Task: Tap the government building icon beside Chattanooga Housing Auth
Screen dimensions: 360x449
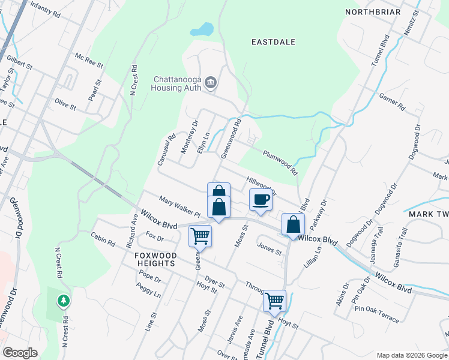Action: [x=210, y=82]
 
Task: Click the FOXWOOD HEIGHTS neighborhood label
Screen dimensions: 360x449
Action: [x=155, y=260]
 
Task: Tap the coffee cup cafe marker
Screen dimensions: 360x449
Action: [x=261, y=199]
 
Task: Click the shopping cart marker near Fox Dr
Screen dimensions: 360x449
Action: [x=199, y=235]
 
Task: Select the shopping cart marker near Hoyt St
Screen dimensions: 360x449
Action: [x=274, y=300]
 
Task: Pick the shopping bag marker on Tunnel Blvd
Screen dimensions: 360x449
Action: [x=293, y=224]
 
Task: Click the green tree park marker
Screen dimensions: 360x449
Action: [x=63, y=300]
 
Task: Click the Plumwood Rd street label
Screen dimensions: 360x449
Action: [x=280, y=163]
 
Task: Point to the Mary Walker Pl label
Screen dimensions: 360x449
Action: [x=179, y=206]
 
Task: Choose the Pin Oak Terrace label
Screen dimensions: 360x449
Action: [x=376, y=314]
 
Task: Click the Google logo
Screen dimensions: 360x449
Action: [x=20, y=353]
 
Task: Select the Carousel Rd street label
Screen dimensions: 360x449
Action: [x=167, y=145]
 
